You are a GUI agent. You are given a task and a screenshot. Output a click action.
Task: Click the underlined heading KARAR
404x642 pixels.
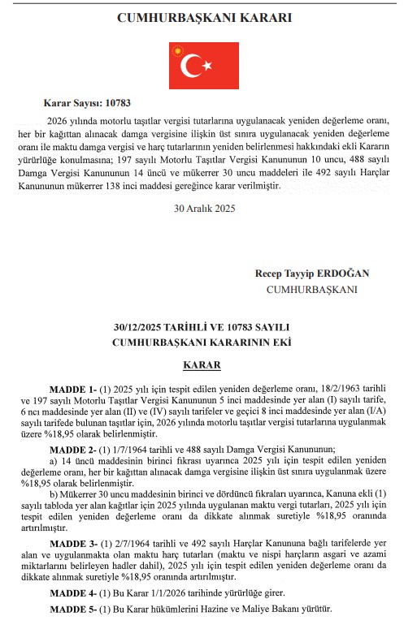(202, 366)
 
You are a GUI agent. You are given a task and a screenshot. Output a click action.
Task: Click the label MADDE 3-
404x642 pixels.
(73, 543)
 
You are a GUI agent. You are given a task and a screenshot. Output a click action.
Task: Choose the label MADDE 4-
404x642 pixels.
(73, 592)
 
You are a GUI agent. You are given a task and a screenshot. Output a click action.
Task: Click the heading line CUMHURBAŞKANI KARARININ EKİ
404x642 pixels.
(202, 342)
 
